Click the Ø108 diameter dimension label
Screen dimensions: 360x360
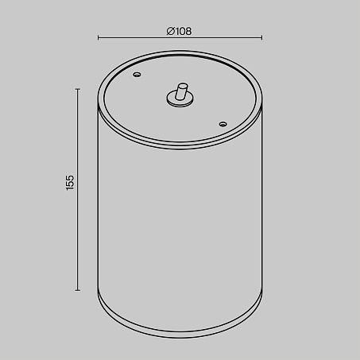179,31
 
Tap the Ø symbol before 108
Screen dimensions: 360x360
170,31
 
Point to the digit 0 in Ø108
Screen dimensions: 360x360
181,31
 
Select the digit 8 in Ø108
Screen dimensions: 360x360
188,31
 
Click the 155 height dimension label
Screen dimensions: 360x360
70,182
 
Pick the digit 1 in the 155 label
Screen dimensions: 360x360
70,188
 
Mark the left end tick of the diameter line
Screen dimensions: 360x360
98,38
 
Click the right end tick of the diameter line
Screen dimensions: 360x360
261,38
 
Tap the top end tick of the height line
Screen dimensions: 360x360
78,89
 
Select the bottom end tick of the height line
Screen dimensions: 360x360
78,290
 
